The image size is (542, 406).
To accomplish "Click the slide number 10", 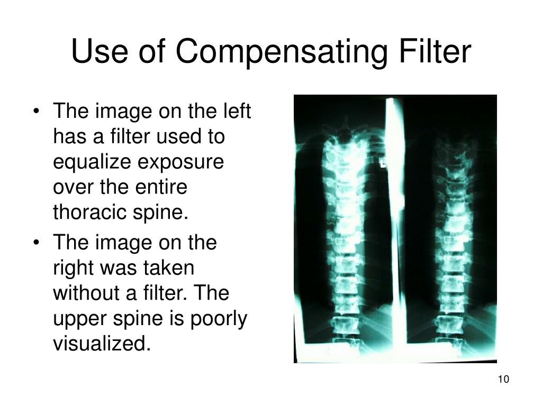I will tap(503, 380).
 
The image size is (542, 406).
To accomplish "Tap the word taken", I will tap(169, 268).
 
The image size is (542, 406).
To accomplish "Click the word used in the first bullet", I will tap(178, 137).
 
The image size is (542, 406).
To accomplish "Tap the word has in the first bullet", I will tap(68, 137).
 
